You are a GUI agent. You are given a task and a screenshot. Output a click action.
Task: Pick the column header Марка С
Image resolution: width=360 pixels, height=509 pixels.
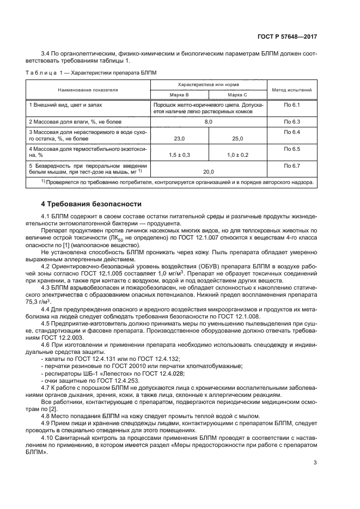(x=237, y=94)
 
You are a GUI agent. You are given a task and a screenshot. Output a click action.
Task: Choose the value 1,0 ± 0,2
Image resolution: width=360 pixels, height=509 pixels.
(x=237, y=155)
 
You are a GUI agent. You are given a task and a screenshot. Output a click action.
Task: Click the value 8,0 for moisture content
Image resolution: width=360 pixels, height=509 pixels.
(x=208, y=121)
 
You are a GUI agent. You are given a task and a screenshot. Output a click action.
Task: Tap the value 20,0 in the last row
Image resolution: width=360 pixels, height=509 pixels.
(x=208, y=171)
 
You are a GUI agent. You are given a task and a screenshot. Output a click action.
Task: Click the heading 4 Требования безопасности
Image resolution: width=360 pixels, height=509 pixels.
(x=91, y=204)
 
